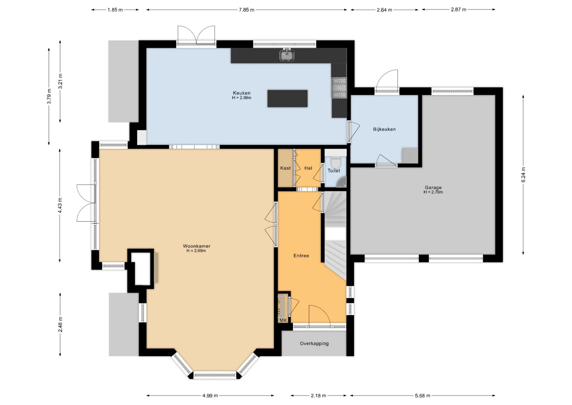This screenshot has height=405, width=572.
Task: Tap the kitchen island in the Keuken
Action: pos(287,98)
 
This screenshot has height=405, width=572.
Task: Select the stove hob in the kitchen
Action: pos(339,88)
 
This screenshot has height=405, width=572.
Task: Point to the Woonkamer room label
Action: pos(196,246)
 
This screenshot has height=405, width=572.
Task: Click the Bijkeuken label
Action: pos(384,129)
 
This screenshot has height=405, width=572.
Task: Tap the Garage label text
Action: pos(433,188)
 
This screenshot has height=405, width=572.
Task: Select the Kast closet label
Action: pos(285,168)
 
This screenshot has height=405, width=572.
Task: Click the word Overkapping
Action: pos(314,343)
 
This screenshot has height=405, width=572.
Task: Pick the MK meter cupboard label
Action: pos(283,321)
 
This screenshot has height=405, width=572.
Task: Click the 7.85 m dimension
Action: pos(247,10)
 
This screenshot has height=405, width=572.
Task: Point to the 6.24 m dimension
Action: pos(523,175)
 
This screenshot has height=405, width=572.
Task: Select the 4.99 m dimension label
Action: pos(210,395)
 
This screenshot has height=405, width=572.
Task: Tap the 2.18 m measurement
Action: pos(318,395)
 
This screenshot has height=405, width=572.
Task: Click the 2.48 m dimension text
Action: pos(60,324)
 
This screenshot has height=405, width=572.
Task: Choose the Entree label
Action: pos(301,256)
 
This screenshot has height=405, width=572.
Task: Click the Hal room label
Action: pos(308,168)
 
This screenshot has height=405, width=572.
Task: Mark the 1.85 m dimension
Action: pos(115,10)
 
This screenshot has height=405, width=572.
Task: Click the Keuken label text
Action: pos(242,93)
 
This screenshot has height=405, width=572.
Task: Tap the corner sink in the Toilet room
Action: pos(342,182)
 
